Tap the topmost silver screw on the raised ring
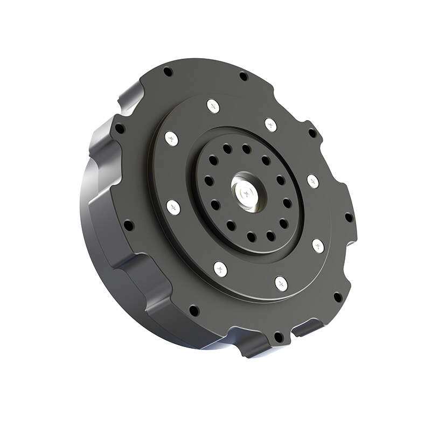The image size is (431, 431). pyautogui.click(x=213, y=106)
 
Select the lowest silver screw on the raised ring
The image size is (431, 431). pyautogui.click(x=281, y=283)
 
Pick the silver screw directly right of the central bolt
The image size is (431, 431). pyautogui.click(x=312, y=181)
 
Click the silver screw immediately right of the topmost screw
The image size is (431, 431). pyautogui.click(x=270, y=125)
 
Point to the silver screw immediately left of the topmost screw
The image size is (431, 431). pyautogui.click(x=171, y=138)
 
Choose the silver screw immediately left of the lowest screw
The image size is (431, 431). pyautogui.click(x=220, y=268)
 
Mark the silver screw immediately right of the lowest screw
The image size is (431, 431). pyautogui.click(x=318, y=246)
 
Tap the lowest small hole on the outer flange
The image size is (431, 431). pyautogui.click(x=279, y=337)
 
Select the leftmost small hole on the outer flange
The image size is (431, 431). pyautogui.click(x=119, y=129)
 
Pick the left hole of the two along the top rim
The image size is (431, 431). pyautogui.click(x=168, y=72)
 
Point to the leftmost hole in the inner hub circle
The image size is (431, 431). pyautogui.click(x=209, y=181)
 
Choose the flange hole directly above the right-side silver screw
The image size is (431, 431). pyautogui.click(x=312, y=133)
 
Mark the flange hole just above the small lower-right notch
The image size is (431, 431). pyautogui.click(x=337, y=297)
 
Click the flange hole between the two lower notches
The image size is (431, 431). pyautogui.click(x=279, y=337)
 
